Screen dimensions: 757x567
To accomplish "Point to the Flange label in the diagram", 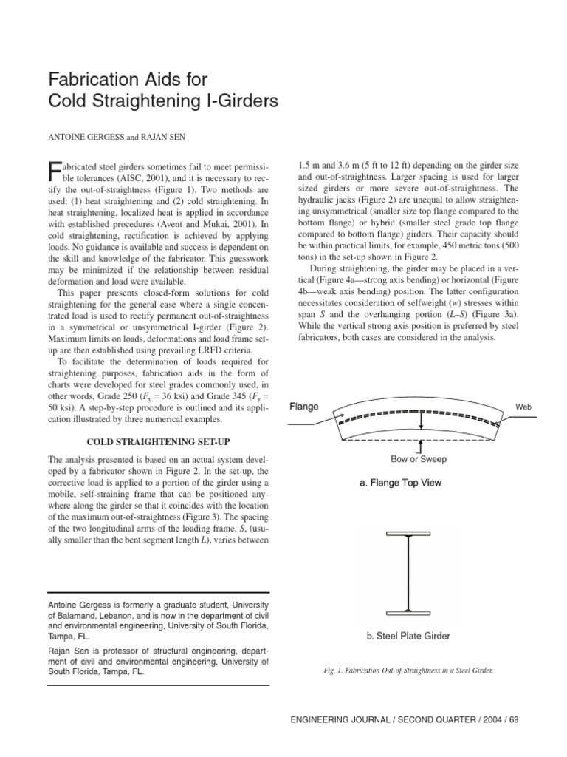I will click(x=304, y=407).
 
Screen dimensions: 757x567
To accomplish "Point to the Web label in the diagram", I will click(x=523, y=407).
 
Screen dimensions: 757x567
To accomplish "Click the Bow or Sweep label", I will click(x=419, y=459).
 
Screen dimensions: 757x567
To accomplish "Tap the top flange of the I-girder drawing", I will click(x=407, y=534).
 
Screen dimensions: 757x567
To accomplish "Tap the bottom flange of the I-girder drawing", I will click(x=407, y=612).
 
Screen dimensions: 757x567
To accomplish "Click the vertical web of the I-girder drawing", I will click(x=407, y=573).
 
